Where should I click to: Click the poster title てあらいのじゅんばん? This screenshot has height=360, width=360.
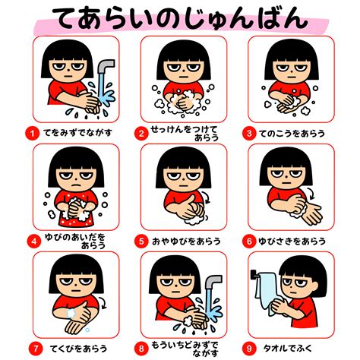pos(181,18)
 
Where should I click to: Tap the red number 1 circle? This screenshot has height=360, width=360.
pos(32,133)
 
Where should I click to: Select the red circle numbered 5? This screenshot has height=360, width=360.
pos(141,242)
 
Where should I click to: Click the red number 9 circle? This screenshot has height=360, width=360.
pos(249,349)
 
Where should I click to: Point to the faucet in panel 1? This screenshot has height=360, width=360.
pos(106,66)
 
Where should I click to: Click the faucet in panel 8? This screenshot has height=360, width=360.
pos(213,282)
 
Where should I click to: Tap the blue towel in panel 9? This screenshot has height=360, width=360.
pos(267,291)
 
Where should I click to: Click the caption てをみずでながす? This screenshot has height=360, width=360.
pos(77,133)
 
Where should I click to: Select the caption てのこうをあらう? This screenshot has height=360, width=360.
pos(292,134)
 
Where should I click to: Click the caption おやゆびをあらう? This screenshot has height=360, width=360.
pos(186,242)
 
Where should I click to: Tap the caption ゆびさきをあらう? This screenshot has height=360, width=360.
pos(292,242)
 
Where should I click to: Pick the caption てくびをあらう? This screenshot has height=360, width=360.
pos(78,349)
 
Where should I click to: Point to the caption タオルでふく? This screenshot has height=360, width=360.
pos(288,349)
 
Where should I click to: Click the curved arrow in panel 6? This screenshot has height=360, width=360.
pos(311,194)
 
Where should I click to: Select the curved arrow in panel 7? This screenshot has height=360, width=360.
pos(103,302)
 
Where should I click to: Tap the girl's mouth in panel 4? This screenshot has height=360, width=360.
pos(76,185)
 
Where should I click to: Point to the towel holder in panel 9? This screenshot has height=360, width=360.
pos(254,275)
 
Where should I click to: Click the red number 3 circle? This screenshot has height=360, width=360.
pos(249,134)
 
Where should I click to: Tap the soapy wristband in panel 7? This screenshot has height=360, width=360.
pos(71,313)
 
